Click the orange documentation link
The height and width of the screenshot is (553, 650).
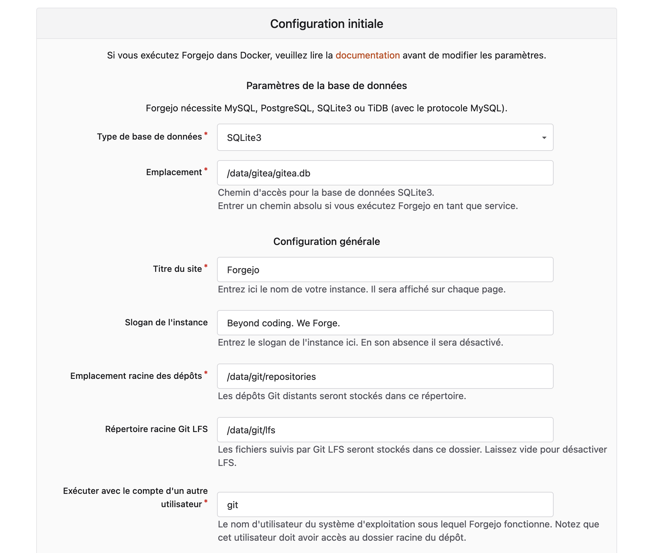pos(368,55)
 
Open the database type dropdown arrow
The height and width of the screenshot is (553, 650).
pos(544,138)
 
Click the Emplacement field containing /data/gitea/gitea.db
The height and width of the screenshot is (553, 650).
pos(385,173)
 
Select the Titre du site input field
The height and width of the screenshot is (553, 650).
pos(385,270)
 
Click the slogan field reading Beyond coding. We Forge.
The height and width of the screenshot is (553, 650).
pos(385,323)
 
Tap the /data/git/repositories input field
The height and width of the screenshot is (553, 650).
pos(385,377)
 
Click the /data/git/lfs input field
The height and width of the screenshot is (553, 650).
pos(385,430)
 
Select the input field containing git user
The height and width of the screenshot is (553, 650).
pos(385,505)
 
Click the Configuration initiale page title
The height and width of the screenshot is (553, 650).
pos(326,24)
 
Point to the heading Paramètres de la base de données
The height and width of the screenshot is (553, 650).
pos(326,86)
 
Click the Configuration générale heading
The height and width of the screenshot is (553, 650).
pos(326,242)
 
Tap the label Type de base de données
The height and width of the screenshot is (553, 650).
pos(149,137)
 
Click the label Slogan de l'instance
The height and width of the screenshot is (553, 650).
pos(166,322)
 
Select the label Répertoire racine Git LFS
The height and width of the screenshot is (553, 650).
pos(156,429)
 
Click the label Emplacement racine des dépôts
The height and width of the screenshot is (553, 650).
pos(136,376)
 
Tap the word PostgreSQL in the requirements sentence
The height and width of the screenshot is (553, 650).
pos(287,108)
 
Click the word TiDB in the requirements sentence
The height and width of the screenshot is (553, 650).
pos(378,108)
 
